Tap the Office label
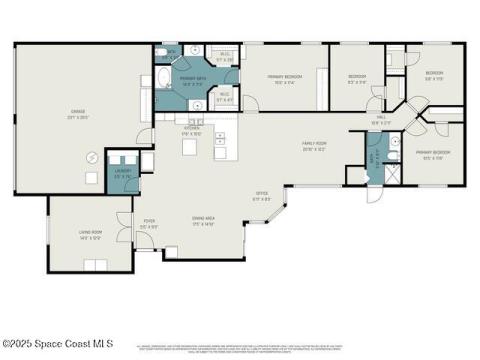pos(263,195)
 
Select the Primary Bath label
pos(192,80)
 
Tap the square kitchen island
pos(189,149)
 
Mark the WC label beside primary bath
pos(172,51)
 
